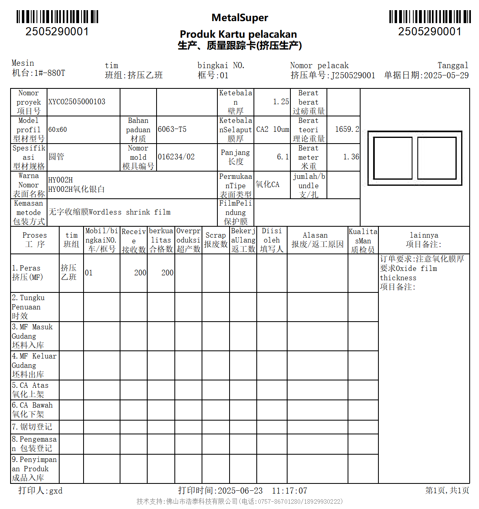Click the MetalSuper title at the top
click(x=240, y=18)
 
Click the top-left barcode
click(x=57, y=17)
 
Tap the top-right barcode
click(x=430, y=17)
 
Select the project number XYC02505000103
click(x=77, y=102)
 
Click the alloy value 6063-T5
click(x=172, y=129)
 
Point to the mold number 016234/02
click(x=176, y=157)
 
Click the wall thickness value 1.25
click(x=281, y=102)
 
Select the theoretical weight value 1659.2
click(x=347, y=129)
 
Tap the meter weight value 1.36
click(x=351, y=157)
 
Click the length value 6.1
click(x=283, y=157)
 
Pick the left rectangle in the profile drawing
click(x=393, y=158)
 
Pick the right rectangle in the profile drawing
click(x=437, y=158)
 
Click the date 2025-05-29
click(x=446, y=75)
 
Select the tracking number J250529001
click(x=353, y=75)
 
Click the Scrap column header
click(x=215, y=240)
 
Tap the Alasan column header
click(x=317, y=240)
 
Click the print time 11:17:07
click(x=289, y=491)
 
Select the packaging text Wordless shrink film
click(x=129, y=212)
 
